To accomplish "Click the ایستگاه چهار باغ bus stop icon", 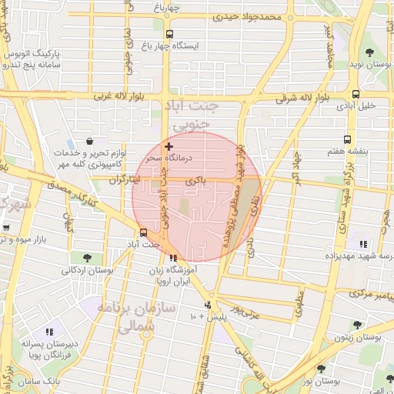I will click(169, 34).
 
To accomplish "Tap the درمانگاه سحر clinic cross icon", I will click(169, 145).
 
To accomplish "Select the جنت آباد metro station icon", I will click(144, 232).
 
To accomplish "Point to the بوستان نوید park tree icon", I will click(369, 53).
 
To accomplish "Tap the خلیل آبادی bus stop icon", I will click(355, 95).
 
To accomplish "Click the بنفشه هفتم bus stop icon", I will click(347, 140).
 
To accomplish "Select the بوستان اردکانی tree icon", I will click(85, 258).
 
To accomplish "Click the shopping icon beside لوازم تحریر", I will click(90, 142).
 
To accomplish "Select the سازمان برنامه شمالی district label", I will click(139, 317).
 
